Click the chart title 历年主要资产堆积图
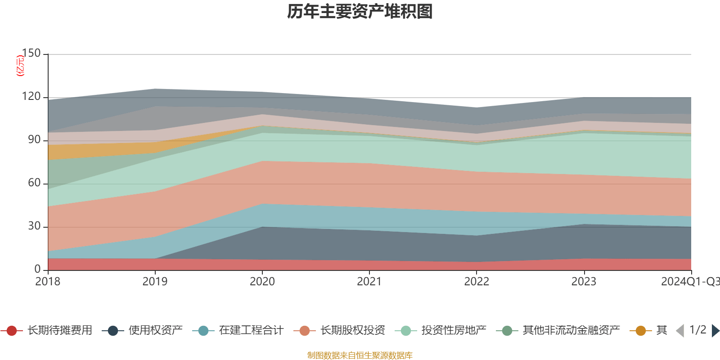coord(360,12)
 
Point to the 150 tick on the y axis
coord(31,54)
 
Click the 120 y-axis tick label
coord(31,97)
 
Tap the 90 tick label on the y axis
coord(34,140)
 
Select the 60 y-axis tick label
coord(34,183)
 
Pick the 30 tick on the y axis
coord(34,226)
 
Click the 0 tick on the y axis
coord(37,269)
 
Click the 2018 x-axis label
coord(48,282)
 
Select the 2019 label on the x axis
coord(155,282)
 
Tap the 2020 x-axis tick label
coord(262,282)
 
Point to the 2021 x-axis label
coord(369,282)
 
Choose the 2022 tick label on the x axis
coord(477,282)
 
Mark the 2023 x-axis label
coord(584,282)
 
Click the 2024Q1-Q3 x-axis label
coord(689,282)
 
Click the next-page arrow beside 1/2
coord(715,331)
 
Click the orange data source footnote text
coord(360,355)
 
